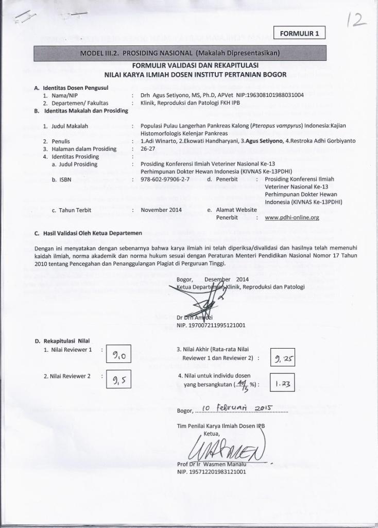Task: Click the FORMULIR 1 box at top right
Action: pyautogui.click(x=300, y=34)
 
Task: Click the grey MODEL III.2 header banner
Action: pyautogui.click(x=179, y=53)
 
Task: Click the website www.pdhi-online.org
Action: pyautogui.click(x=291, y=218)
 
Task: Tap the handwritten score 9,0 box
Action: pyautogui.click(x=119, y=355)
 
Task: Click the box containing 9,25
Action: pyautogui.click(x=282, y=358)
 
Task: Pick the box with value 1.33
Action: pyautogui.click(x=282, y=384)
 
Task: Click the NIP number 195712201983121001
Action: pyautogui.click(x=211, y=471)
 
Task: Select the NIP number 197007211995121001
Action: pyautogui.click(x=211, y=325)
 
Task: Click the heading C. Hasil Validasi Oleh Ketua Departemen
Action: pyautogui.click(x=88, y=233)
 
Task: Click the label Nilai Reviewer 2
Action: pyautogui.click(x=67, y=376)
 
